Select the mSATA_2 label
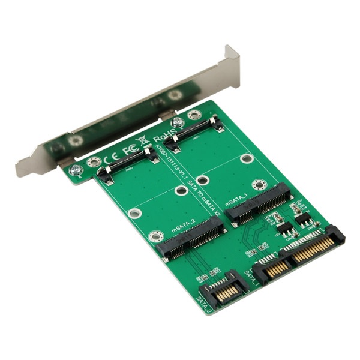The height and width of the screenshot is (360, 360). (x=183, y=227)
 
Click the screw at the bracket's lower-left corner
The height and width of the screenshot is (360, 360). (x=75, y=170)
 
